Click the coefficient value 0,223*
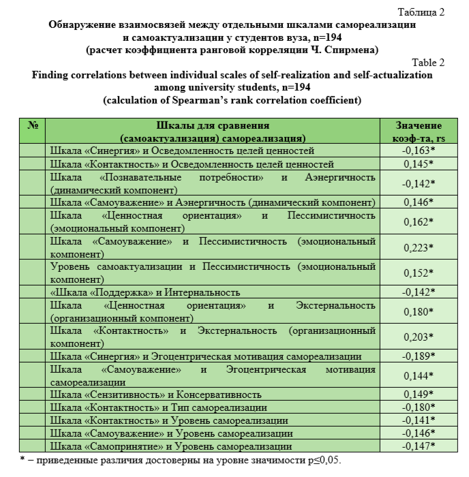point(419,247)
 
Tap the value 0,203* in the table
point(419,337)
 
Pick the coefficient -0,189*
point(419,356)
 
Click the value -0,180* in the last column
point(419,407)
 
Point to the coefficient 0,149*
point(419,395)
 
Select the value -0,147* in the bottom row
point(419,446)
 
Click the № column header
point(32,126)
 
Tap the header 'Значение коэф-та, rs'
point(419,132)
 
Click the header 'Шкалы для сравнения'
point(213,126)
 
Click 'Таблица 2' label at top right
point(422,12)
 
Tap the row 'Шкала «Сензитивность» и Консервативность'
point(157,395)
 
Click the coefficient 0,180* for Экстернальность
point(419,311)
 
